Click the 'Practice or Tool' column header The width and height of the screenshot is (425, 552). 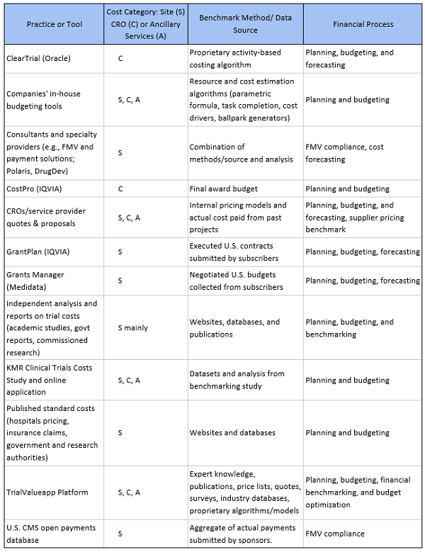click(x=54, y=24)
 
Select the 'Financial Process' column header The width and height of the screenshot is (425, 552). click(x=363, y=24)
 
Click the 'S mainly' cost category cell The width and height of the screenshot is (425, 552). click(x=132, y=327)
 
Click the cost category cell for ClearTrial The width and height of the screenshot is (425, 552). click(x=120, y=58)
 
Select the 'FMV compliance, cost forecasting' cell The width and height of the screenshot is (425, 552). click(x=344, y=152)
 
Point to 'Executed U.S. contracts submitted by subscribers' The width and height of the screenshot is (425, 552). click(x=234, y=252)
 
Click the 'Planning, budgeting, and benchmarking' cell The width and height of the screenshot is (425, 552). click(x=349, y=327)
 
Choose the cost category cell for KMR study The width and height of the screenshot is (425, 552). click(x=129, y=380)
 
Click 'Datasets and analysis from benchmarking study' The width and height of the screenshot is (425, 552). click(x=235, y=380)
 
